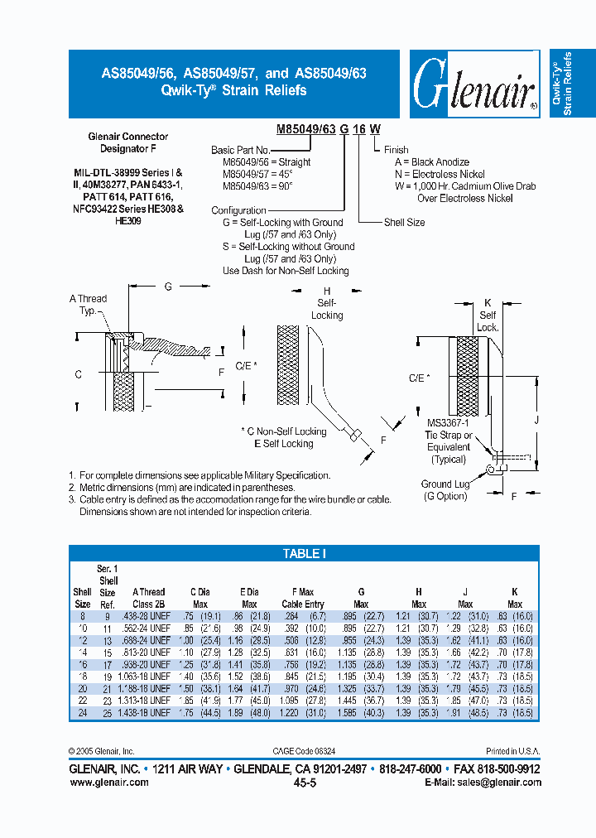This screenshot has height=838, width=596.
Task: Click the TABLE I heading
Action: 305,553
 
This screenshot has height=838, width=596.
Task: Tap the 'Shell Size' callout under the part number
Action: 404,223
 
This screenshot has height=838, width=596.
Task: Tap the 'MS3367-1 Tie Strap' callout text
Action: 448,436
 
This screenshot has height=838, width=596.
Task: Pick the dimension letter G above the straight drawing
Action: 168,287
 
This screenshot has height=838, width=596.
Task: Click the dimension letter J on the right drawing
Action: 537,420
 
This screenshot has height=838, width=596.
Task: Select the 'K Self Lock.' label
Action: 488,315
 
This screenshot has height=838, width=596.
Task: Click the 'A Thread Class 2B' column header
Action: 148,598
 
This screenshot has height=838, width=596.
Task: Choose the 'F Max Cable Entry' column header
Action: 303,598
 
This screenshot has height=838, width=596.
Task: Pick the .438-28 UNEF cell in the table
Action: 148,616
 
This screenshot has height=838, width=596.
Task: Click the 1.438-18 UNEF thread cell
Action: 148,713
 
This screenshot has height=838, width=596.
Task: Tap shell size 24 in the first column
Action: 82,713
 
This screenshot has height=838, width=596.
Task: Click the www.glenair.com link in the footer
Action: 108,782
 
